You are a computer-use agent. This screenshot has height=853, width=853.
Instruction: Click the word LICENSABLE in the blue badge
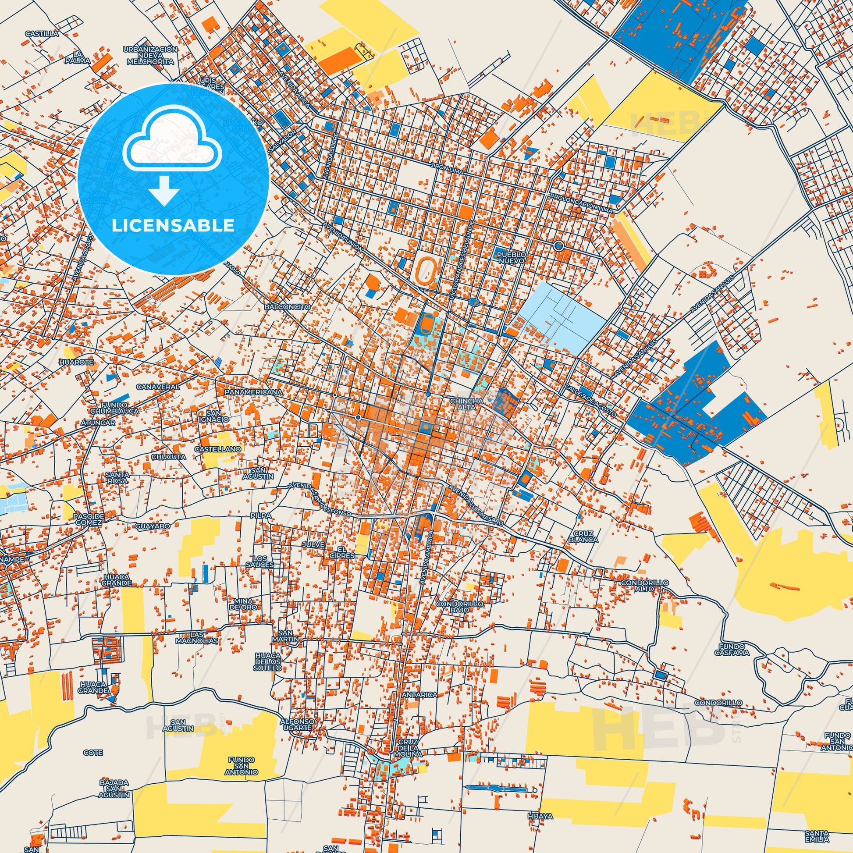(x=173, y=226)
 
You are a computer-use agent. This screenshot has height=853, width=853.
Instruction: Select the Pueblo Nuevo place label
(x=511, y=258)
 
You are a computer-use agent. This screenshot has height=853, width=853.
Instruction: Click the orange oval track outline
(x=425, y=268)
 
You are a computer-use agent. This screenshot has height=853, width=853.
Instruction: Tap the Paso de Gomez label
(x=88, y=519)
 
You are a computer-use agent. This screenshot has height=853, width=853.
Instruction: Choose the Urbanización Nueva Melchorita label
(x=150, y=56)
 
